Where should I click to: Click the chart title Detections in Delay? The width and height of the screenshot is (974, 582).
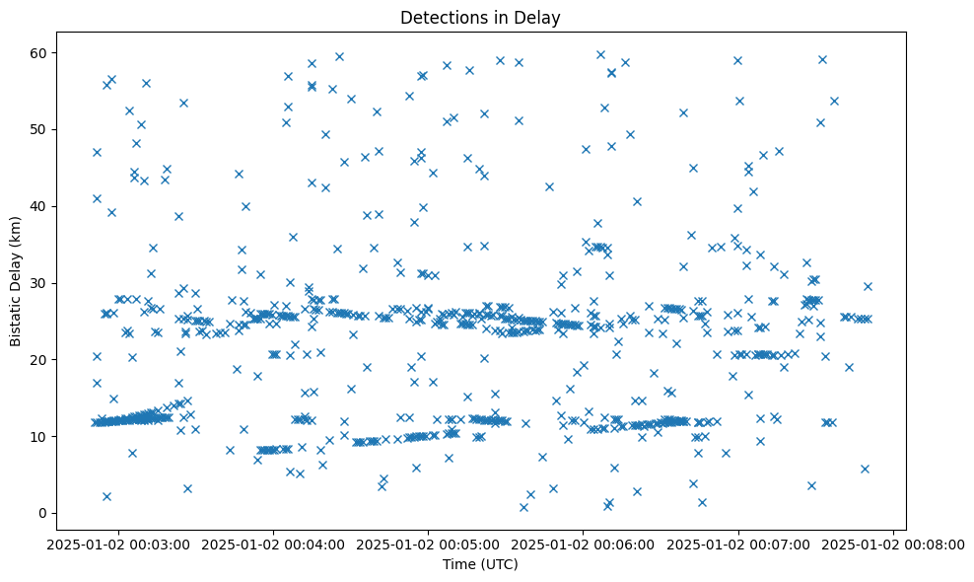(x=479, y=17)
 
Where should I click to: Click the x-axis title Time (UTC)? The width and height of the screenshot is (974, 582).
(x=479, y=565)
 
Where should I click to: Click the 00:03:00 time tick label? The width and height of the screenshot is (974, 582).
(x=118, y=544)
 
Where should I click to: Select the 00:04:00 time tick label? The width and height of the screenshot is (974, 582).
(x=273, y=544)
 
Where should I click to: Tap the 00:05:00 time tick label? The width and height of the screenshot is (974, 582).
(x=428, y=544)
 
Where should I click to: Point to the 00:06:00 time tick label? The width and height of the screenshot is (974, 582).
(x=583, y=544)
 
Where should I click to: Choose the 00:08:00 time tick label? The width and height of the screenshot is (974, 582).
(x=893, y=544)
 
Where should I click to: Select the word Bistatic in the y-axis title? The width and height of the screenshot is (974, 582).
(x=16, y=318)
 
